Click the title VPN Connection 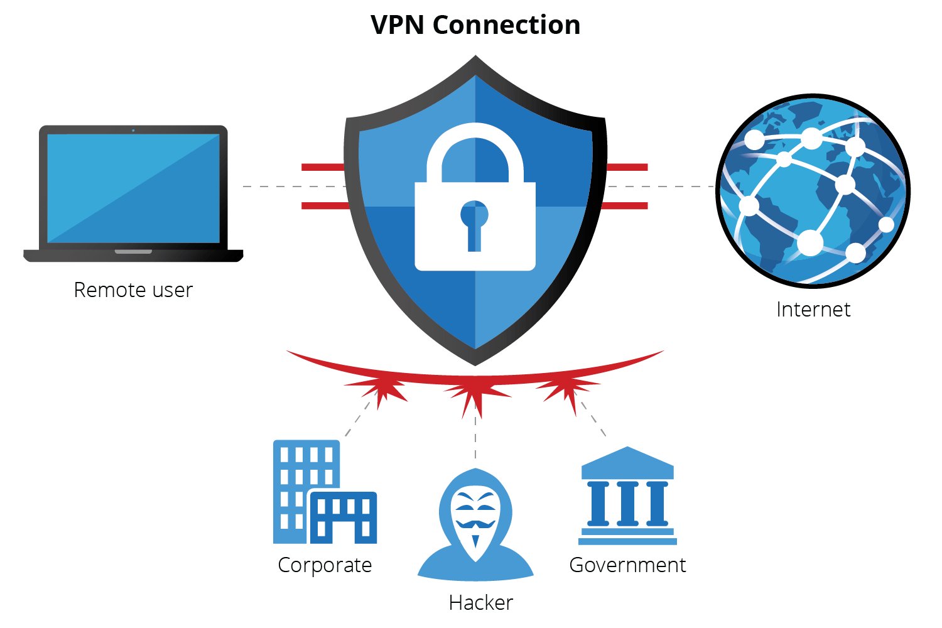pos(475,25)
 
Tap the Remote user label pos(133,290)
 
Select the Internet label pos(813,310)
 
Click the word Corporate pos(325,565)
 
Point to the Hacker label pos(481,603)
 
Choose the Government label pos(627,565)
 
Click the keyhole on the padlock pos(474,223)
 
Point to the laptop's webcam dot pos(133,131)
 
